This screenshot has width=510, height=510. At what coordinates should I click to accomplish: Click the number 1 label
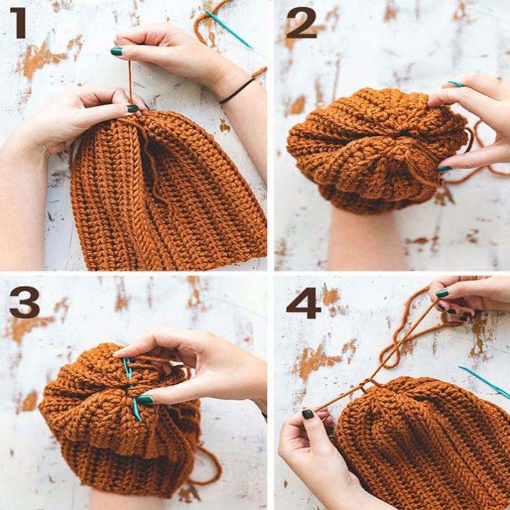(19, 23)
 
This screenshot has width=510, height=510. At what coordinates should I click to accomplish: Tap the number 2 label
(301, 23)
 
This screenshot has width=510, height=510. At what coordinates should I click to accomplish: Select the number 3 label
(25, 302)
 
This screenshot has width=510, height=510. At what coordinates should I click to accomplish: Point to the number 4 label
(303, 302)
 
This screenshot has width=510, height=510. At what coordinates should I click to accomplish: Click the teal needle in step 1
(229, 29)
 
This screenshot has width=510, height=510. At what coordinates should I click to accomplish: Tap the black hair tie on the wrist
(237, 91)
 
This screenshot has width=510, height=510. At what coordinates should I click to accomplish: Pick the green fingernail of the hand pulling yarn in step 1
(117, 51)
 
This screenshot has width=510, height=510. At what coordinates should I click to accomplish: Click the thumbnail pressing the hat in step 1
(133, 109)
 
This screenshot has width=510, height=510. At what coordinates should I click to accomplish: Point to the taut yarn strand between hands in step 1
(130, 81)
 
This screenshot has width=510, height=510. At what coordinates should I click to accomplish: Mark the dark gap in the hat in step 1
(151, 163)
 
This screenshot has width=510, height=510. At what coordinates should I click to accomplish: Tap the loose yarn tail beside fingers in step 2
(478, 153)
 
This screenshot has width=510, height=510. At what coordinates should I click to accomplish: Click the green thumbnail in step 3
(145, 399)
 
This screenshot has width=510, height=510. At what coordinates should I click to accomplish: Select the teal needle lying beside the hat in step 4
(484, 381)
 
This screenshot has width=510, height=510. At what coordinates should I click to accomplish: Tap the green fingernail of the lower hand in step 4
(308, 414)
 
